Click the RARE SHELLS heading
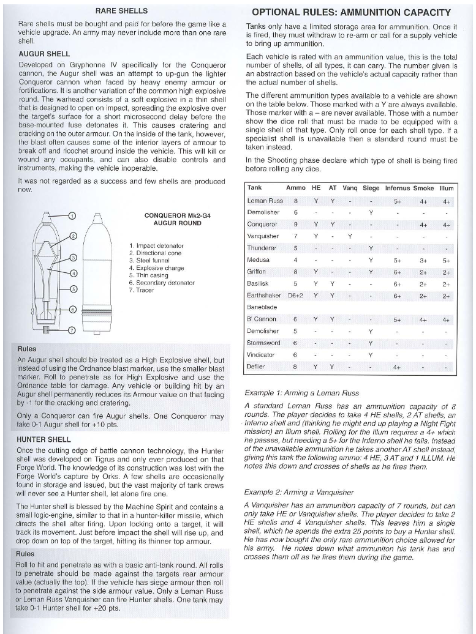pyautogui.click(x=121, y=11)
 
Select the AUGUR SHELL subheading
pyautogui.click(x=44, y=53)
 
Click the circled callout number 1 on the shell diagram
pyautogui.click(x=72, y=216)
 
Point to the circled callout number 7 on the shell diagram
pyautogui.click(x=71, y=330)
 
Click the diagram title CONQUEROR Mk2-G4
pyautogui.click(x=173, y=215)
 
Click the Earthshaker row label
pyautogui.click(x=264, y=296)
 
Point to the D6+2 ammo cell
pyautogui.click(x=296, y=296)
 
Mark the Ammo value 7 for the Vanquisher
pyautogui.click(x=296, y=236)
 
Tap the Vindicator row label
pyautogui.click(x=260, y=355)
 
